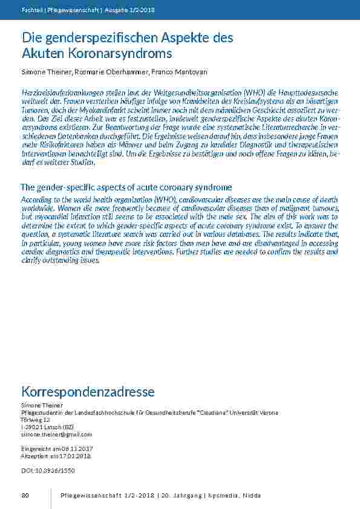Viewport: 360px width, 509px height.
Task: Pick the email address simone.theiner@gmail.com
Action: (56, 434)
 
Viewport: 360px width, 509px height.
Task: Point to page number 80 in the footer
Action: (25, 496)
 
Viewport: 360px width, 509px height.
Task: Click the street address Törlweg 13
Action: (35, 420)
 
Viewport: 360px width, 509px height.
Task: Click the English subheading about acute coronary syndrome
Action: (126, 187)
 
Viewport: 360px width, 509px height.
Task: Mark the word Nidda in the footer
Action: (252, 496)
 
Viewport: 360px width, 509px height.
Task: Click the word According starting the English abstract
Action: (36, 199)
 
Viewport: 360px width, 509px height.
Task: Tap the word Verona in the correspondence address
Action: (266, 412)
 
